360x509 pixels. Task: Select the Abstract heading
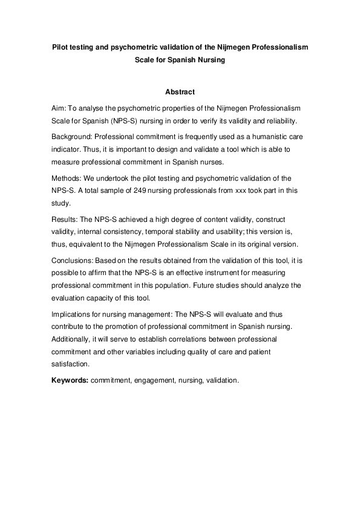(180, 92)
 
